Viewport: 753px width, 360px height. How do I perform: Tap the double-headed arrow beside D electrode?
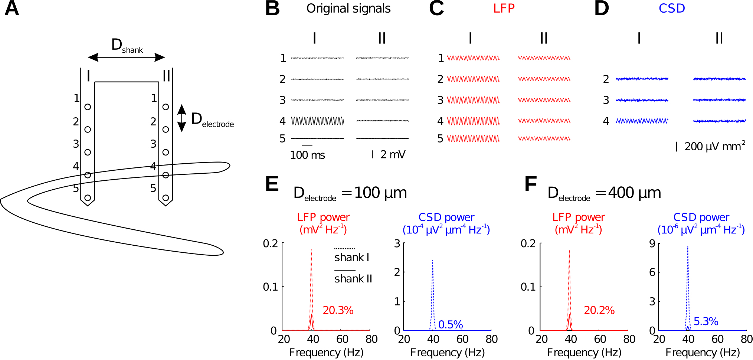click(x=181, y=118)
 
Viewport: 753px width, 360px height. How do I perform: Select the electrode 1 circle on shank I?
click(x=88, y=107)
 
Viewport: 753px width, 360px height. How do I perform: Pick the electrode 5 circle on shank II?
click(x=166, y=198)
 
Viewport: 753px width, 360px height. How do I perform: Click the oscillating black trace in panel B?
click(x=317, y=121)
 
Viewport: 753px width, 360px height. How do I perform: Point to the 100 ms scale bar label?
click(x=307, y=155)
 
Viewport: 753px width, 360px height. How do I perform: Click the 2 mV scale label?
click(x=393, y=154)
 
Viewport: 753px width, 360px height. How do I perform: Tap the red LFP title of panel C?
click(x=504, y=9)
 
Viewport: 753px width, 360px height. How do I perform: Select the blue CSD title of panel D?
click(x=671, y=9)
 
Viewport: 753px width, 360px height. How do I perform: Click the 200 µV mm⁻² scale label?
click(x=714, y=147)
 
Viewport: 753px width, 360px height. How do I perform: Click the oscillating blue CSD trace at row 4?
click(x=642, y=121)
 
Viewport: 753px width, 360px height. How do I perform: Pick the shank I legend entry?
click(x=351, y=257)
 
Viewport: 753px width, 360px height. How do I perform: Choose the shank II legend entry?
click(x=353, y=278)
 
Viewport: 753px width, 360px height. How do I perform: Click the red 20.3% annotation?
click(x=338, y=310)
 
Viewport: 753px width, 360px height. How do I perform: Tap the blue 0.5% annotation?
click(x=450, y=325)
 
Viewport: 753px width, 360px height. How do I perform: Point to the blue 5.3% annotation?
click(x=705, y=321)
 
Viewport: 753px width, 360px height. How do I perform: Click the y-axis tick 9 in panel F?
click(x=652, y=243)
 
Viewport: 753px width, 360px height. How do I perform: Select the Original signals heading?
click(x=348, y=9)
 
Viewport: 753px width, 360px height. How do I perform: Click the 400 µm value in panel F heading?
click(x=634, y=193)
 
